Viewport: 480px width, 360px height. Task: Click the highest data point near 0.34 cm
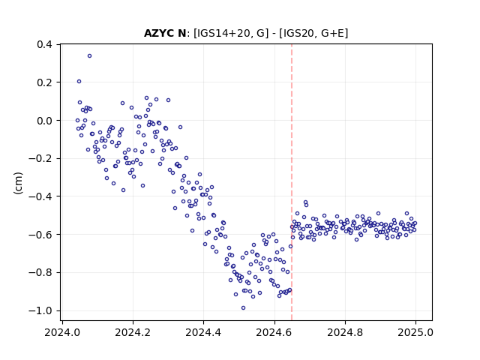[x=89, y=56]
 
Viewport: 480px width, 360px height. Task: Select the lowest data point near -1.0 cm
[x=243, y=308]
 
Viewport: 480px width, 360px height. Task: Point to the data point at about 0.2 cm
[x=79, y=82]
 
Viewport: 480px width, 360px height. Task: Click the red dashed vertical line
[x=292, y=182]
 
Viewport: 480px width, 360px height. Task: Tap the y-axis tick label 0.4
[x=44, y=44]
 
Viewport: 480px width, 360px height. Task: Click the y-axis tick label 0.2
[x=44, y=82]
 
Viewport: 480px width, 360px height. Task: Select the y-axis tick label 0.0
[x=44, y=121]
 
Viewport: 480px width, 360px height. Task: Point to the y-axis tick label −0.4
[x=40, y=196]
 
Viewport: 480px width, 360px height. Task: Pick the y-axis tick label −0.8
[x=40, y=272]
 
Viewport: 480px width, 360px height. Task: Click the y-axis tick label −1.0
[x=40, y=310]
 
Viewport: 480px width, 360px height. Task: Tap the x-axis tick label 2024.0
[x=62, y=332]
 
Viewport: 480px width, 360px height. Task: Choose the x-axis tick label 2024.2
[x=133, y=332]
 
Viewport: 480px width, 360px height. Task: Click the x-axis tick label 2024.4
[x=203, y=332]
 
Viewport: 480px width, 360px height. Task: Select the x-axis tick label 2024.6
[x=274, y=332]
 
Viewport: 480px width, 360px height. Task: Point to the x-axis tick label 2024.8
[x=345, y=332]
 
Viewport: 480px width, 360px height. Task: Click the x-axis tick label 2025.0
[x=415, y=332]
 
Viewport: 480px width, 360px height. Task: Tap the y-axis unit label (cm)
[x=18, y=183]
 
